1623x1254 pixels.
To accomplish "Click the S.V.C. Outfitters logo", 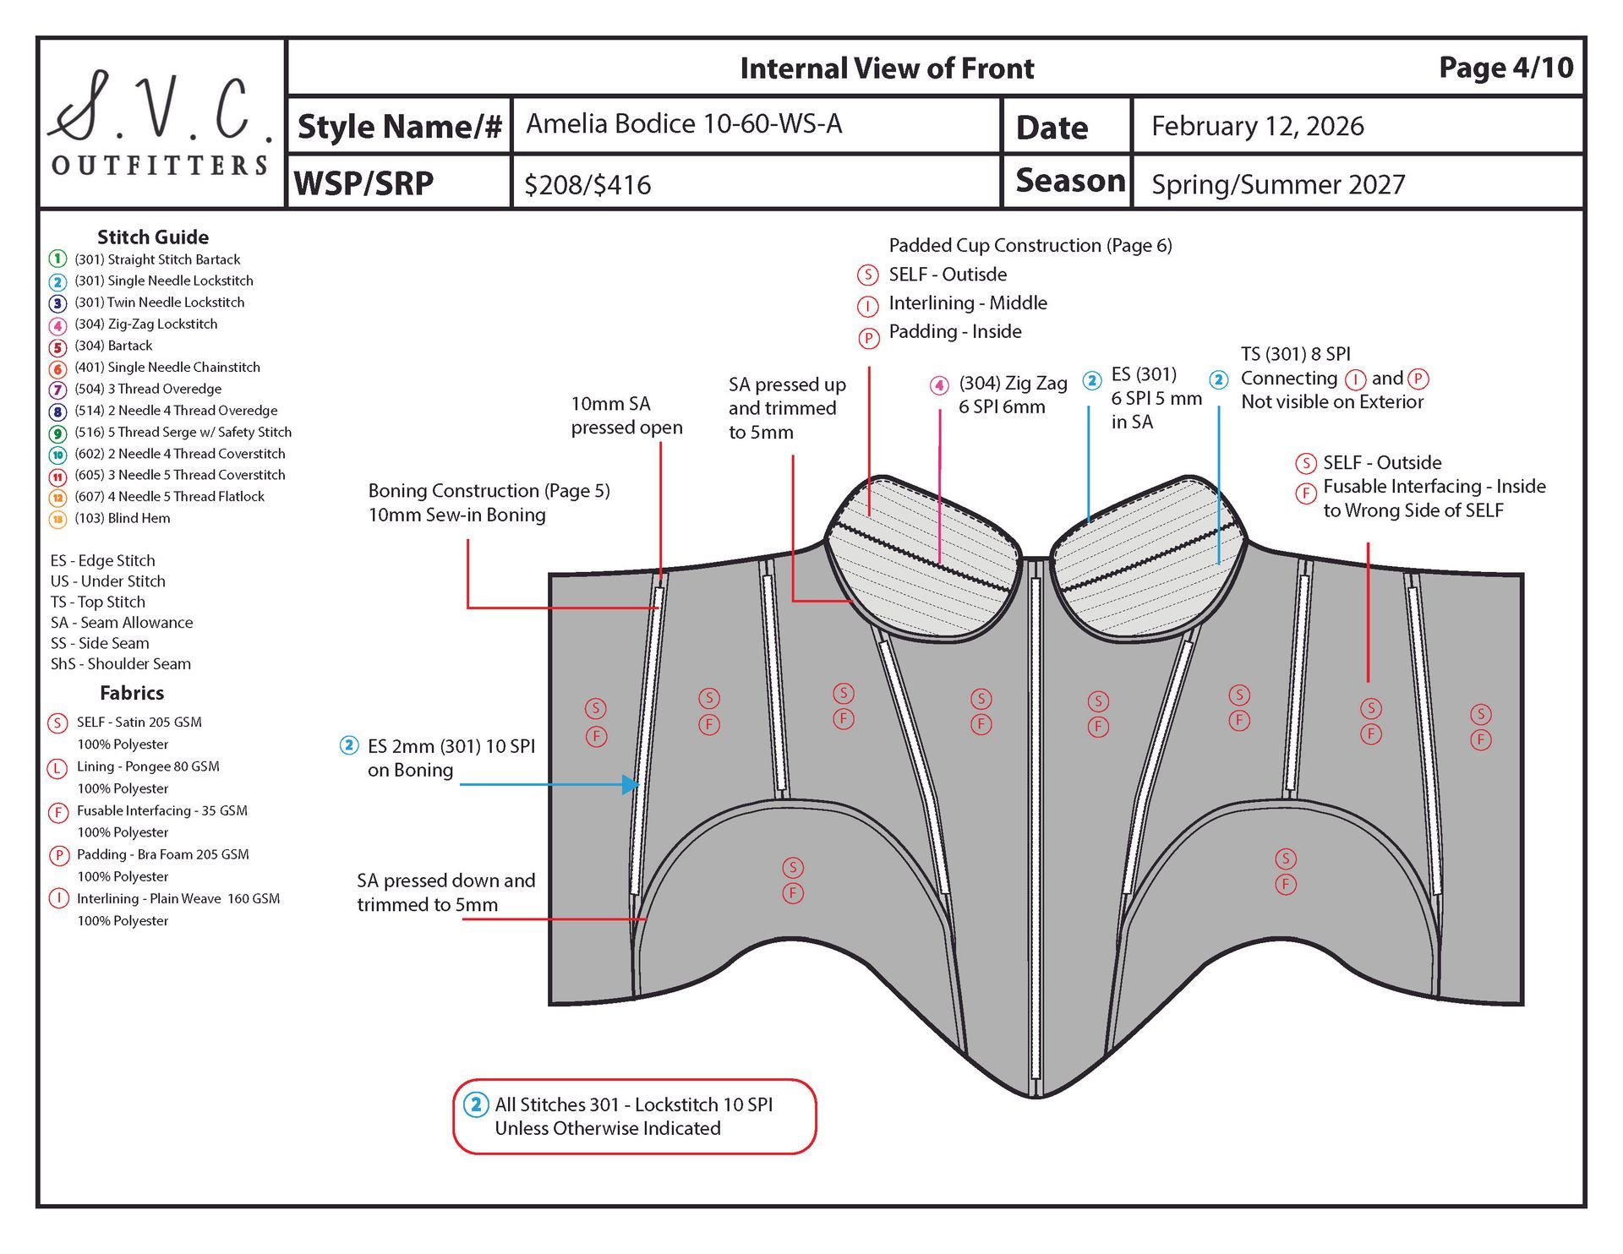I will coord(161,123).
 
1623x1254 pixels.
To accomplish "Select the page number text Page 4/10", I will coord(1506,68).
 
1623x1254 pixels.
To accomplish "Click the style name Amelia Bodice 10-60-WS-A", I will coord(683,124).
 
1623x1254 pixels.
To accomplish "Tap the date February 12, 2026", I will coord(1257,126).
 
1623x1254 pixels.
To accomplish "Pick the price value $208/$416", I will coord(587,185).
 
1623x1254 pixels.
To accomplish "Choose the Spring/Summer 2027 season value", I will coord(1277,184).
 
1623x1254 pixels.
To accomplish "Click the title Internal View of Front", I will coord(887,68).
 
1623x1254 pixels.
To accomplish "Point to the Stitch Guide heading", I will coord(152,237).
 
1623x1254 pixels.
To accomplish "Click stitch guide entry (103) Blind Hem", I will coord(122,518).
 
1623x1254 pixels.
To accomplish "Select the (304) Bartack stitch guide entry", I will coord(112,346).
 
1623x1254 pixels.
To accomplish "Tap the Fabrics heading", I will coord(132,693).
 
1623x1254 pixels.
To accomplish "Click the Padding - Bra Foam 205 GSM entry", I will coord(162,854).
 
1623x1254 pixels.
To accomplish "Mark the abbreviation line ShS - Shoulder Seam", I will coord(120,664).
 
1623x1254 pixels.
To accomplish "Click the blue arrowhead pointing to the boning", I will coord(630,784).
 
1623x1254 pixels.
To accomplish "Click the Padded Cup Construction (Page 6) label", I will coord(1030,245).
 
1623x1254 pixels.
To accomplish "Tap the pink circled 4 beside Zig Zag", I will coord(939,385).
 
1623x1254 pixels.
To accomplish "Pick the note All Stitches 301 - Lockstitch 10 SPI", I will coord(633,1104).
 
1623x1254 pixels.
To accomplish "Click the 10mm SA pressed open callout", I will coord(626,416).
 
